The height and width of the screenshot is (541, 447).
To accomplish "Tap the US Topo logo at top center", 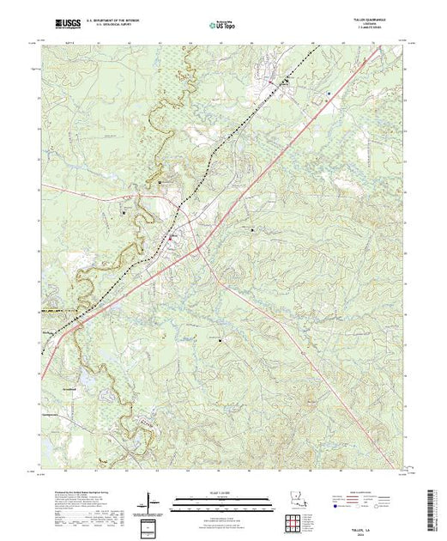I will tap(222, 24).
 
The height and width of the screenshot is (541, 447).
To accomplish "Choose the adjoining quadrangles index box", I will tap(151, 526).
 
